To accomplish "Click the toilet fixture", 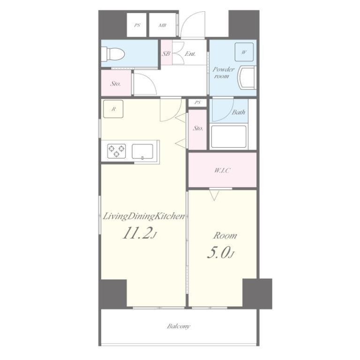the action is (x=113, y=54).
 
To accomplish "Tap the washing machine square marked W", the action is (x=244, y=52).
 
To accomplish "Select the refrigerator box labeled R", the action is (x=113, y=109).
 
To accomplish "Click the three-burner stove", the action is (x=117, y=151).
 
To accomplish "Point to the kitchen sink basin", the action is (x=142, y=151).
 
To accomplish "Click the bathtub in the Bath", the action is (x=229, y=136).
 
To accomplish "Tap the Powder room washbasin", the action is (x=247, y=77).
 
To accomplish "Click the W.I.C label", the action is (x=222, y=170).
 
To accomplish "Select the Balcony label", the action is (x=179, y=326).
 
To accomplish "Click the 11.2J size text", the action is (x=140, y=233).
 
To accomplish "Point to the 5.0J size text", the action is (x=221, y=253).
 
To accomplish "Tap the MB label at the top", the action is (x=162, y=25).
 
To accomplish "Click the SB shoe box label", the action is (x=166, y=53).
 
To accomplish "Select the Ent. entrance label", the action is (x=190, y=54).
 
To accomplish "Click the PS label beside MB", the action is (x=137, y=25).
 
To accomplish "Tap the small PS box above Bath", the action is (x=197, y=102).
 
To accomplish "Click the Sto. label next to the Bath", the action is (x=198, y=128).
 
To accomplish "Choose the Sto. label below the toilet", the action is (x=115, y=83).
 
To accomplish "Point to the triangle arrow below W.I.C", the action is (x=214, y=195).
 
